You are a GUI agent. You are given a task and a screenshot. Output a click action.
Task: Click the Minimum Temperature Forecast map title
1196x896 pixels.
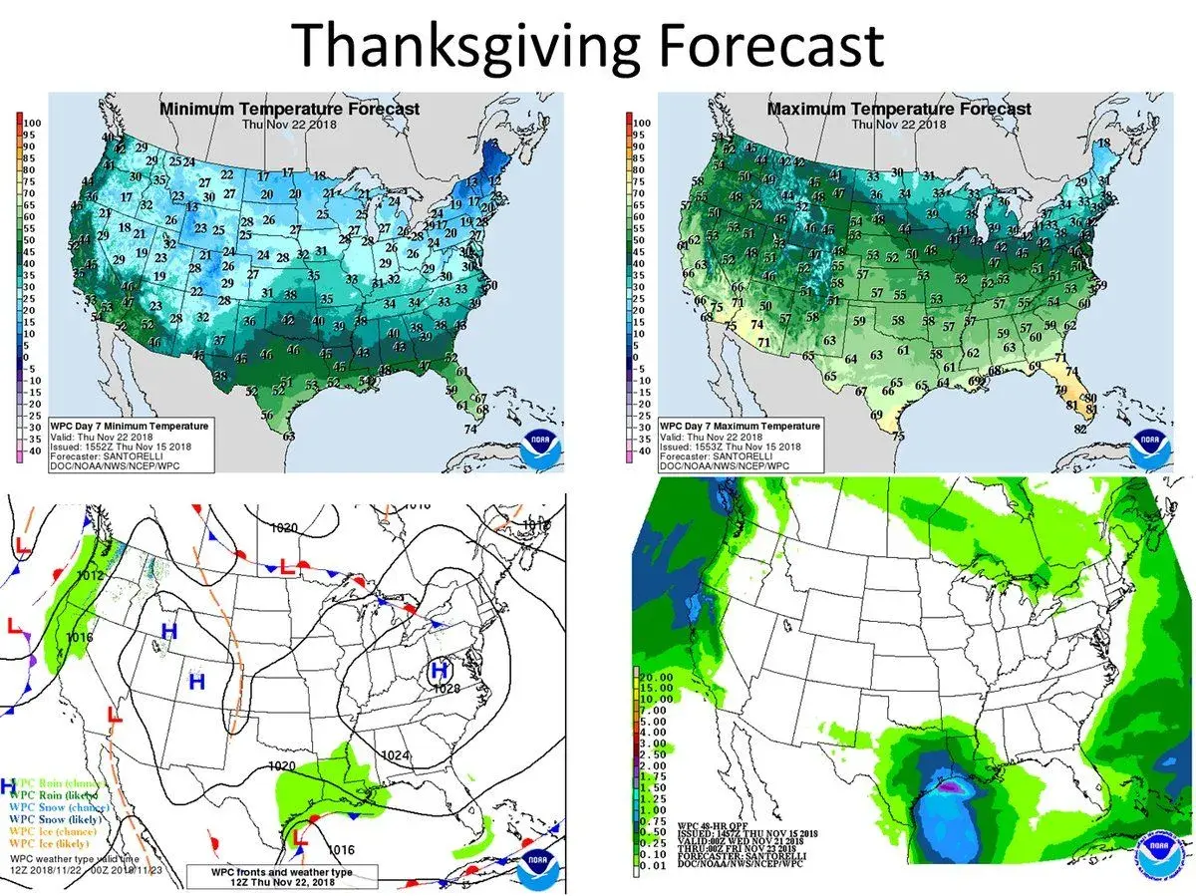pos(289,109)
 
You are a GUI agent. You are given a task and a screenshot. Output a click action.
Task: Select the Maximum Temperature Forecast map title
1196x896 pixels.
pos(899,109)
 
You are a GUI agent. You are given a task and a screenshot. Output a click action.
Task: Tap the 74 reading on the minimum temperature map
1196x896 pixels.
pos(469,430)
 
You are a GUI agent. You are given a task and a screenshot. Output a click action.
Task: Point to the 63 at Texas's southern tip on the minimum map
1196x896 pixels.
pos(289,435)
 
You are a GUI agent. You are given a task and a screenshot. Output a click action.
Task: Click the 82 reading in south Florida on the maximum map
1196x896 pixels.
pos(1079,430)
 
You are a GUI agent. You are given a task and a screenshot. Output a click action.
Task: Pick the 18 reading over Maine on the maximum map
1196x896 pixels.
pos(1101,144)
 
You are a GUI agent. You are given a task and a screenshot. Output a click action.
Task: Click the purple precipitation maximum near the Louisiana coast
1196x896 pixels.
pos(952,786)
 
